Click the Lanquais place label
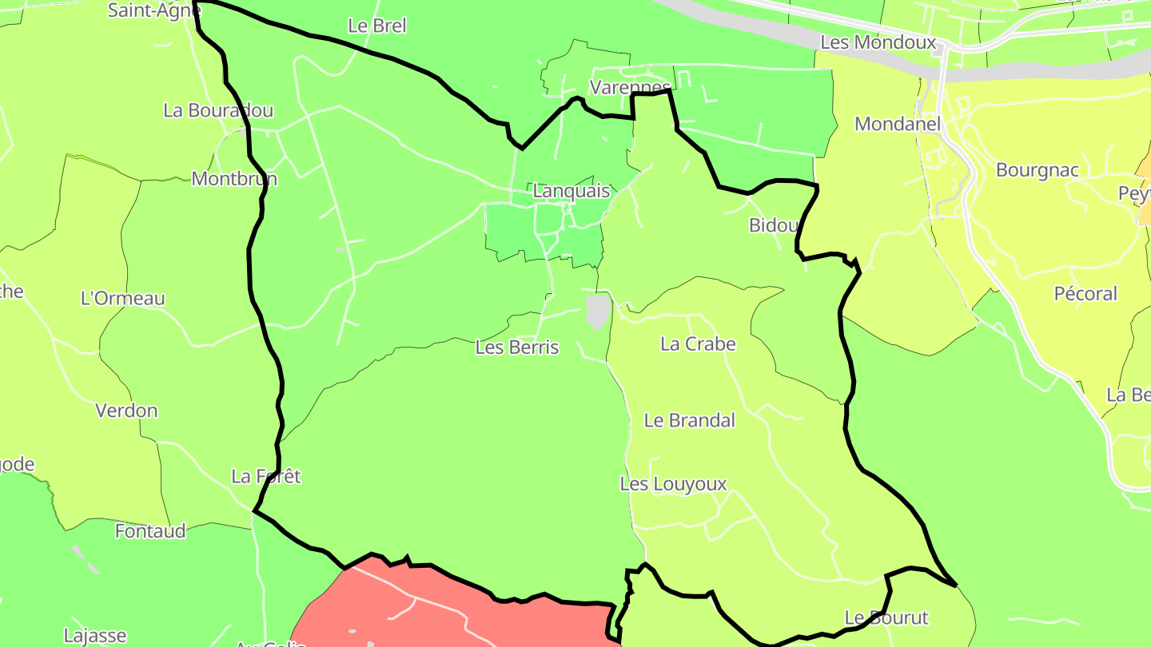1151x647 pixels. click(571, 192)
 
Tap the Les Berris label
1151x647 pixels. click(516, 347)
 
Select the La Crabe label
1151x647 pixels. click(697, 344)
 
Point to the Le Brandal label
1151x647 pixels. click(689, 420)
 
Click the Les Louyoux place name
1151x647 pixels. click(673, 484)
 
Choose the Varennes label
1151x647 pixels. click(630, 87)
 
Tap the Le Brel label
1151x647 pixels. click(377, 26)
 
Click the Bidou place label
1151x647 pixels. click(774, 225)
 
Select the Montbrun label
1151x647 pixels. click(234, 178)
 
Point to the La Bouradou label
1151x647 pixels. click(218, 110)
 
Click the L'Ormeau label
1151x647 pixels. click(123, 299)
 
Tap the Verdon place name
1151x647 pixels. click(126, 411)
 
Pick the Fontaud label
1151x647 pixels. click(150, 531)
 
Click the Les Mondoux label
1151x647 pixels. click(878, 42)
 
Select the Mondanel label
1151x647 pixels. click(898, 124)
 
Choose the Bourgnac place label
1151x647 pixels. click(1037, 170)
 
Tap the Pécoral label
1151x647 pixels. click(1085, 294)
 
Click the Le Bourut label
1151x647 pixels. click(886, 617)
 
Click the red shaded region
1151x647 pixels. click(448, 615)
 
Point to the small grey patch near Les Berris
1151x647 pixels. click(597, 311)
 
